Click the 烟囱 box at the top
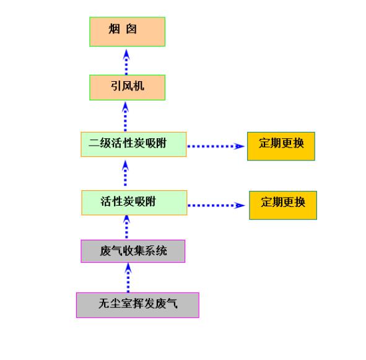tap(127, 32)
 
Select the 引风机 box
tap(127, 87)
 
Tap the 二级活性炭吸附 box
tap(134, 144)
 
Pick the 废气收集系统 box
tap(133, 251)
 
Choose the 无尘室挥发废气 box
tap(137, 305)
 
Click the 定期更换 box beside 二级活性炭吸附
tap(281, 146)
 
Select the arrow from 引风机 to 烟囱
tap(126, 62)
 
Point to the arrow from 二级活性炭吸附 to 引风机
tap(125, 116)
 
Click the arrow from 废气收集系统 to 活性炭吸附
tap(126, 227)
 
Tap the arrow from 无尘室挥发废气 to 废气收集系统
tap(128, 278)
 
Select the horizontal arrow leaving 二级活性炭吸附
tap(216, 146)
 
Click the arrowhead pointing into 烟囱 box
tap(126, 55)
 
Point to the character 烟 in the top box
tap(115, 29)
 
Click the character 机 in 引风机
tap(139, 86)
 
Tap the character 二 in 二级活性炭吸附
tap(94, 143)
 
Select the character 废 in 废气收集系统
tap(105, 251)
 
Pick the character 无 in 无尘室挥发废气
tap(104, 304)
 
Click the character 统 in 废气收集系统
tap(162, 251)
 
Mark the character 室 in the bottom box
tap(127, 304)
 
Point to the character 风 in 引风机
tap(128, 86)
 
